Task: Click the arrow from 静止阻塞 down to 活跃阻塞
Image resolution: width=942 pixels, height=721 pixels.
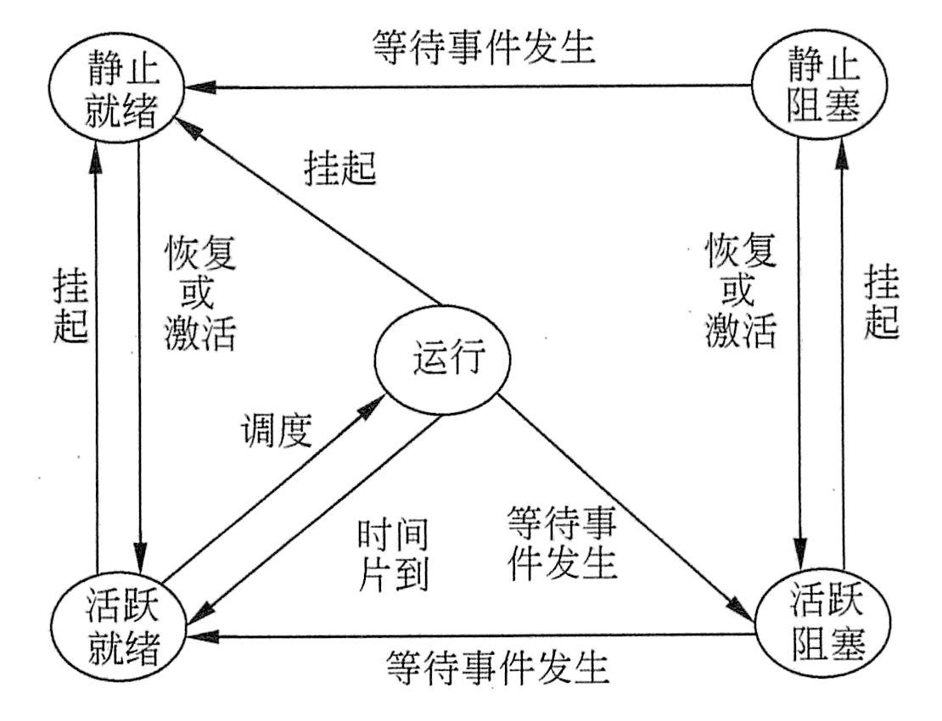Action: click(x=799, y=339)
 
